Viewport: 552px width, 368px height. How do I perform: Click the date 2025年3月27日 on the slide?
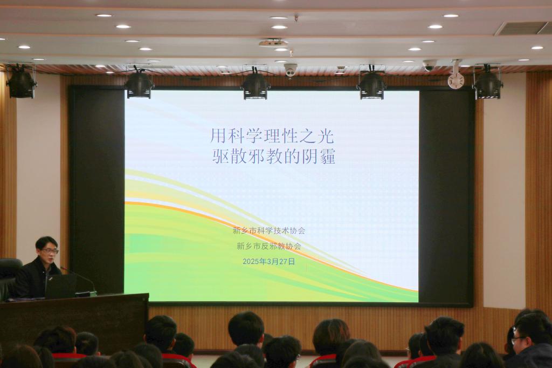[268, 262]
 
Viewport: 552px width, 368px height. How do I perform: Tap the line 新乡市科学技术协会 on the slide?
[269, 231]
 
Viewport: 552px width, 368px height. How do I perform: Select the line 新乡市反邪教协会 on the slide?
[269, 246]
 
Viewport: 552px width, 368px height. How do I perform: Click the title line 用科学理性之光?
[272, 136]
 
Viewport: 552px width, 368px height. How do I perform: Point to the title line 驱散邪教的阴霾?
[274, 156]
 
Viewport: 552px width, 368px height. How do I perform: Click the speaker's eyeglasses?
[49, 251]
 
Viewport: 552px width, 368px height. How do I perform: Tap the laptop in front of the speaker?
[60, 286]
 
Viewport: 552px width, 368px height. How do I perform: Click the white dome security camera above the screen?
[291, 70]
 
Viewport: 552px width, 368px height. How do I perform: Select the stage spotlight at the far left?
[21, 82]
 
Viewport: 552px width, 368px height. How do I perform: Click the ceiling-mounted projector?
[272, 43]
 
